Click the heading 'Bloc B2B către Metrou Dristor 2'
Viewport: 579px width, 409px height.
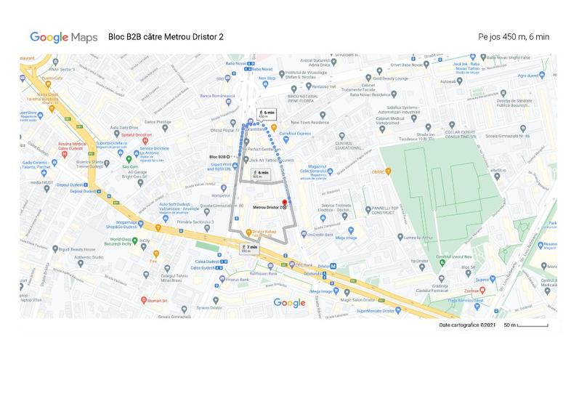pos(166,36)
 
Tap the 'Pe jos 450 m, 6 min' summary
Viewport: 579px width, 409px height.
pos(514,36)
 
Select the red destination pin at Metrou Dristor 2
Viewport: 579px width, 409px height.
pos(284,203)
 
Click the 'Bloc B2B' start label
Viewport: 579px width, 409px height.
pos(217,157)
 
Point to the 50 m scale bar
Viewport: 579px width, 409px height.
pos(533,325)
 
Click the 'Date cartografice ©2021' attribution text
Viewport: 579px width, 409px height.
pos(467,325)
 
